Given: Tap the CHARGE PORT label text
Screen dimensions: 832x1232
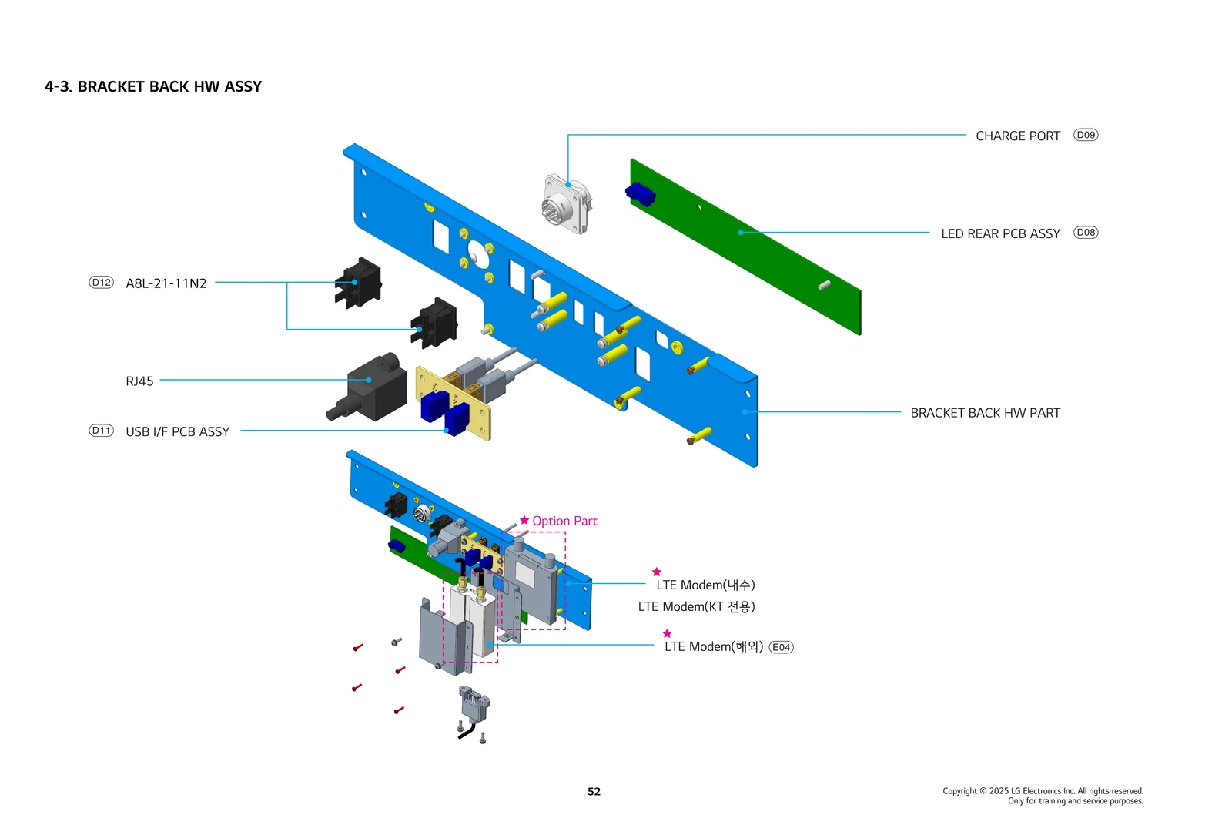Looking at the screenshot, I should pyautogui.click(x=1017, y=136).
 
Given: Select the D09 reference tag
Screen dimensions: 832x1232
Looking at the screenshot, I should pyautogui.click(x=1086, y=135).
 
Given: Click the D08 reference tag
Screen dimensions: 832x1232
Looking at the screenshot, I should pyautogui.click(x=1086, y=232).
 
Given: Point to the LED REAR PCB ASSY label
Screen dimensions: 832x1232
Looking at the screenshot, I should pyautogui.click(x=1000, y=233).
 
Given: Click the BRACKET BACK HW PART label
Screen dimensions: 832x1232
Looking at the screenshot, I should pyautogui.click(x=985, y=413).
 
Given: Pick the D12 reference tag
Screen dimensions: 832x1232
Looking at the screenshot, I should pyautogui.click(x=101, y=283).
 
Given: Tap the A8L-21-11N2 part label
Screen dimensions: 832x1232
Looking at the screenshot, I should pyautogui.click(x=166, y=283).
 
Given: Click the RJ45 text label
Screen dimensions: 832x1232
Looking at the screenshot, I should pyautogui.click(x=139, y=381).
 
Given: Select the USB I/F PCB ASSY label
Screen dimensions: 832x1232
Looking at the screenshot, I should pyautogui.click(x=177, y=432).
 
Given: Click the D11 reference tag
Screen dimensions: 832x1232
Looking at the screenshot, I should pyautogui.click(x=101, y=431).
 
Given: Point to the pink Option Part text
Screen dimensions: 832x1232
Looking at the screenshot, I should pyautogui.click(x=564, y=521).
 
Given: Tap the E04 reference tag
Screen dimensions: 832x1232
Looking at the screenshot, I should pyautogui.click(x=781, y=647).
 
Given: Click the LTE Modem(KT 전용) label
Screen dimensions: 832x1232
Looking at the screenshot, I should pyautogui.click(x=696, y=607).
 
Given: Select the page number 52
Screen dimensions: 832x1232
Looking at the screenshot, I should pyautogui.click(x=594, y=791).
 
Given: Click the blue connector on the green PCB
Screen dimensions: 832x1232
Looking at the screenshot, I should pyautogui.click(x=640, y=194).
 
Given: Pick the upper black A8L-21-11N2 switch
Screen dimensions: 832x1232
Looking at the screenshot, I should pyautogui.click(x=358, y=283).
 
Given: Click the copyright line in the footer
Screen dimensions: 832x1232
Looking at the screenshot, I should pyautogui.click(x=1043, y=791).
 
